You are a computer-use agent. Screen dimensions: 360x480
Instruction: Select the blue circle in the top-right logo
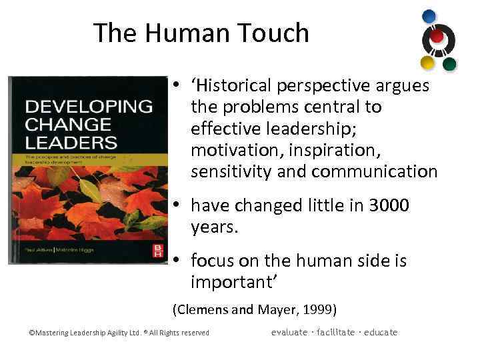tap(429, 16)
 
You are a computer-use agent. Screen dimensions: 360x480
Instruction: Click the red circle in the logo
tap(437, 37)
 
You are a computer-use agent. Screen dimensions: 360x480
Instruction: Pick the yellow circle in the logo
tap(427, 63)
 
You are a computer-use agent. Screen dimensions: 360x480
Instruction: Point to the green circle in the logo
tap(449, 64)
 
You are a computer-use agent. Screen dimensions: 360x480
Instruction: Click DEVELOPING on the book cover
tap(88, 107)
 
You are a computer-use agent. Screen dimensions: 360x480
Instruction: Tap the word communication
tap(374, 171)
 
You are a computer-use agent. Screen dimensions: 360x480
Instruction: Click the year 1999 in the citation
tap(319, 309)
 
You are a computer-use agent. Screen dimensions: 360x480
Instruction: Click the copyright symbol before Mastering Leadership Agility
tap(31, 333)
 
